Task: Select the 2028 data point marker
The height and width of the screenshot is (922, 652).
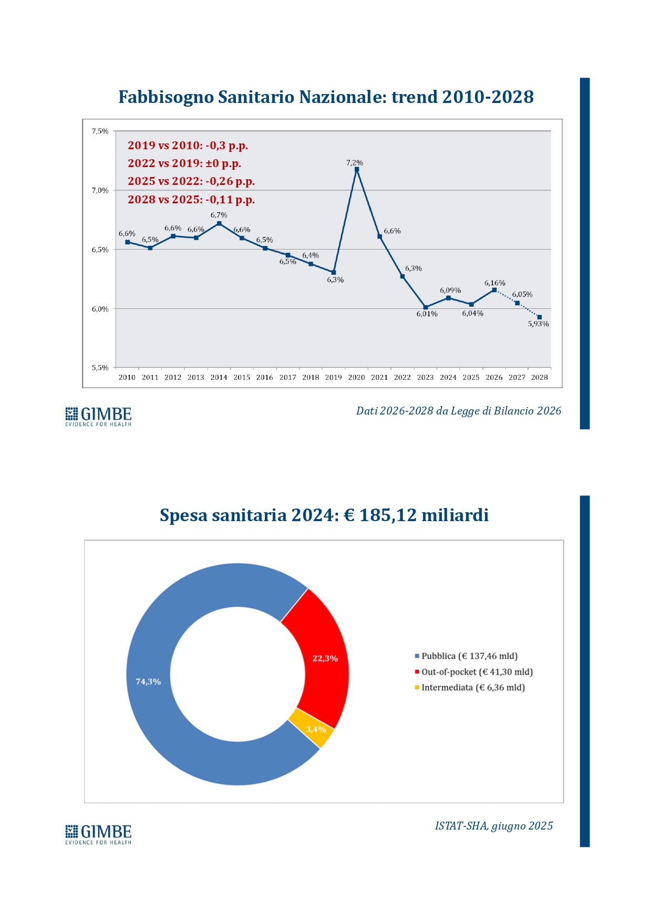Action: [x=540, y=317]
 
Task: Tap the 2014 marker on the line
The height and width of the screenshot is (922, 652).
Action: [x=219, y=223]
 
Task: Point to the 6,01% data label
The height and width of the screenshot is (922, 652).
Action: [x=427, y=314]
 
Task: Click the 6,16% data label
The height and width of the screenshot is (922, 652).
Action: [x=494, y=283]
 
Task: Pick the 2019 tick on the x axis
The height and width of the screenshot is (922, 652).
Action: [x=334, y=377]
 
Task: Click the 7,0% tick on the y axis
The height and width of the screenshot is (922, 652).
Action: [x=100, y=191]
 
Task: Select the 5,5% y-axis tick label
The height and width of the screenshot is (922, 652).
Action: [x=100, y=368]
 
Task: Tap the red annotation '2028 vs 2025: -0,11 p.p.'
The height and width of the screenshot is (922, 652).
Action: [x=191, y=200]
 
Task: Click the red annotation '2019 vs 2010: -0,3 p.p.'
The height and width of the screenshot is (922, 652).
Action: [x=188, y=146]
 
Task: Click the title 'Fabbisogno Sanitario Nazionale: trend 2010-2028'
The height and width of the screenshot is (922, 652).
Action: [x=326, y=97]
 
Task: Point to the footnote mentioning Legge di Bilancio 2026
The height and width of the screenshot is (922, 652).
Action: [x=459, y=411]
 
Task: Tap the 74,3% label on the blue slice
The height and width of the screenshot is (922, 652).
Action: [x=148, y=681]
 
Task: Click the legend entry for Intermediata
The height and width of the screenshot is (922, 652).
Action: [x=470, y=688]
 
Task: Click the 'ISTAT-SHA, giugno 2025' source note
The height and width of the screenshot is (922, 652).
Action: [x=494, y=826]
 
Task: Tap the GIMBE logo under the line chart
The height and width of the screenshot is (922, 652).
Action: [x=98, y=416]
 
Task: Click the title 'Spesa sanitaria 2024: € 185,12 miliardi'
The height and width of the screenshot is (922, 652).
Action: [x=324, y=515]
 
